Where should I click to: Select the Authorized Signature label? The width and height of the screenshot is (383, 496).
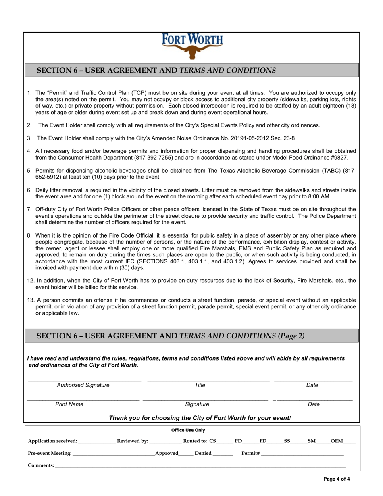point(83,385)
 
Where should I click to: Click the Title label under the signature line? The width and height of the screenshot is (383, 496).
point(200,385)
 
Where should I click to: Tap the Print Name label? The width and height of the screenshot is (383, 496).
point(69,404)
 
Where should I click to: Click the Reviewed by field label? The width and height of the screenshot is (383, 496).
point(132,441)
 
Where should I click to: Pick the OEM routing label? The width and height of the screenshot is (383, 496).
point(337,441)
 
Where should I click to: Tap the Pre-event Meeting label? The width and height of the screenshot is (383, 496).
point(50,453)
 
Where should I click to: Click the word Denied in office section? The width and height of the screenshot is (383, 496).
point(203,453)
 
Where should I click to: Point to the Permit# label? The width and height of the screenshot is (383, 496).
point(250,453)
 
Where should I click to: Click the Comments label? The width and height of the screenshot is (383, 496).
point(41,465)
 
